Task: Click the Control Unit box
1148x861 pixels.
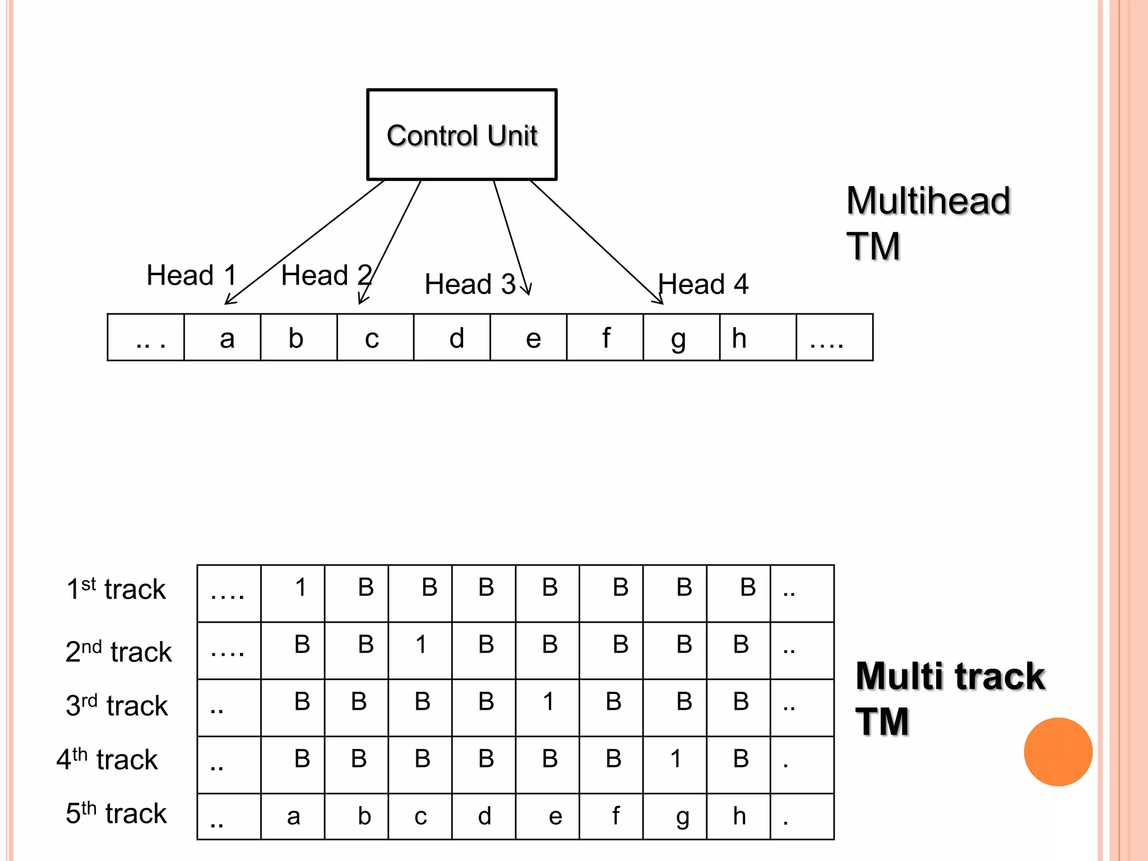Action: tap(462, 135)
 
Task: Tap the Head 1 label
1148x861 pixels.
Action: tap(191, 275)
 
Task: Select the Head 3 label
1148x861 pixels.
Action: tap(470, 284)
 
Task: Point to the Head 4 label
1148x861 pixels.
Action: tap(703, 284)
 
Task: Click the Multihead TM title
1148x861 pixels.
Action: tap(928, 223)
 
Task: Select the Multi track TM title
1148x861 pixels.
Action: tap(950, 698)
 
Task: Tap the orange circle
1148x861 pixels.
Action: tap(1058, 752)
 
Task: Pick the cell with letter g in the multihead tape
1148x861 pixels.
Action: tap(681, 337)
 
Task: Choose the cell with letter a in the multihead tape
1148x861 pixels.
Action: tap(223, 337)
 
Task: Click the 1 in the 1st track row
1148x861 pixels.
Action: tap(301, 587)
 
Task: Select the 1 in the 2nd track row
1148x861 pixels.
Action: tap(421, 645)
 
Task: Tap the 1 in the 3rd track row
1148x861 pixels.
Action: tap(548, 702)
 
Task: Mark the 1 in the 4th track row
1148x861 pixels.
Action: tap(675, 759)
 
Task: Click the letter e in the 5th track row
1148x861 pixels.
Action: tap(555, 817)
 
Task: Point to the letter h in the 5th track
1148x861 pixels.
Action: tap(739, 816)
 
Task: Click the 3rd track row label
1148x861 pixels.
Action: tap(117, 705)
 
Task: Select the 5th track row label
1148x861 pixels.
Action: tap(116, 813)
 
